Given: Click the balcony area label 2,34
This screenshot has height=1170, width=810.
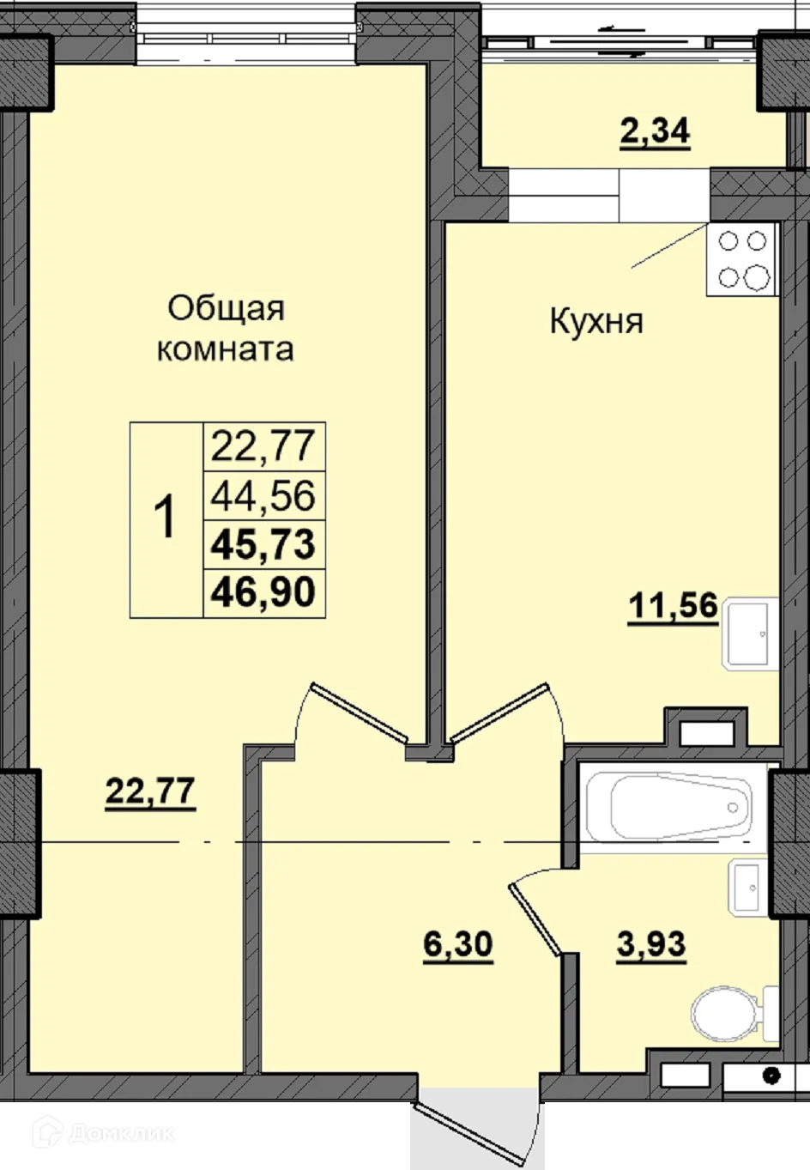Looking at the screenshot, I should click(655, 133).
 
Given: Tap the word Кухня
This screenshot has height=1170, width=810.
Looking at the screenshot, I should click(595, 322).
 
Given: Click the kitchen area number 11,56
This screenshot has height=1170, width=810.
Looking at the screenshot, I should click(673, 606).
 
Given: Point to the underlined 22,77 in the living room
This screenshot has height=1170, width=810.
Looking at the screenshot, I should click(150, 791).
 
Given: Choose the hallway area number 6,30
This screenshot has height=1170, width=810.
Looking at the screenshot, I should click(458, 944).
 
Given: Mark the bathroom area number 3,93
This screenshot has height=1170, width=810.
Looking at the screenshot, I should click(651, 944).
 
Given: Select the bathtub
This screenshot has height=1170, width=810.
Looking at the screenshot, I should click(677, 807).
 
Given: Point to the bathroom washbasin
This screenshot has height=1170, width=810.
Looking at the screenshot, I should click(746, 886).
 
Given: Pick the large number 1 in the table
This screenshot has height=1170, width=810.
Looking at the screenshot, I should click(165, 518).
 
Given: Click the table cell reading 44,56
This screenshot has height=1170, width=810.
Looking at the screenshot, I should click(263, 495).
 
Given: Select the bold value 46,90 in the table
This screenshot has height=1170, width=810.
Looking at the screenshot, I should click(263, 592).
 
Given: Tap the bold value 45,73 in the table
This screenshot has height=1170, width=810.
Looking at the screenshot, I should click(263, 543).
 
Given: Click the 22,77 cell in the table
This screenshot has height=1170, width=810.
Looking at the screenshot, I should click(263, 446).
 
